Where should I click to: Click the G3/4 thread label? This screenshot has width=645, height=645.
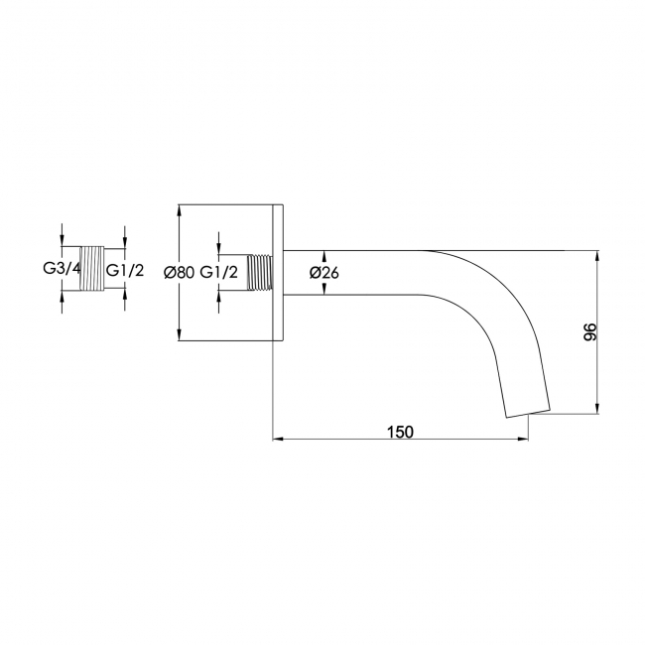click(63, 269)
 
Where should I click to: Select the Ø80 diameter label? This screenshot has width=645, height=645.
click(178, 272)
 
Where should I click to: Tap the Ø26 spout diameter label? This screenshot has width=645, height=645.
click(324, 272)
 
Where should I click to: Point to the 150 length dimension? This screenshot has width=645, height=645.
click(400, 432)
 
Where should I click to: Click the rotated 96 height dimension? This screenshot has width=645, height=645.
click(589, 332)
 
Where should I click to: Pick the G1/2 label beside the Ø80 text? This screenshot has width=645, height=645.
click(219, 272)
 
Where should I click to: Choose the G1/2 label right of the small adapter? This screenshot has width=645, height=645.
click(125, 270)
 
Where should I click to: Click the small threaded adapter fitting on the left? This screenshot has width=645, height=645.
click(91, 269)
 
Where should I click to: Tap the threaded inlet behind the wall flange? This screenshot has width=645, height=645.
click(260, 272)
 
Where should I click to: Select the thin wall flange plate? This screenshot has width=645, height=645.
click(278, 272)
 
